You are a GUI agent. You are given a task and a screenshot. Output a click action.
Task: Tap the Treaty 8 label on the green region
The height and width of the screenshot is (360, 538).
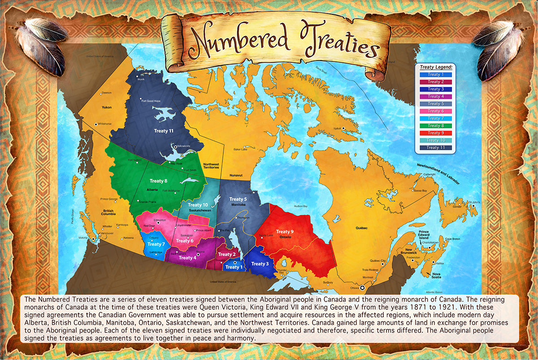pos(158,181)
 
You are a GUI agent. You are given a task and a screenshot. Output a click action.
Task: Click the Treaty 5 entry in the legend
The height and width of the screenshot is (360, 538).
pos(434,104)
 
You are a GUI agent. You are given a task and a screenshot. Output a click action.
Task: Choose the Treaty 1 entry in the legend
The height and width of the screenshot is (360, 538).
pos(434,74)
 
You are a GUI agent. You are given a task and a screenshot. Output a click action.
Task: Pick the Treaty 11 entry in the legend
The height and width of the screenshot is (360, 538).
pos(434,147)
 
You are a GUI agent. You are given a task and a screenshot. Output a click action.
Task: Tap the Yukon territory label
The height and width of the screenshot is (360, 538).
pos(107,107)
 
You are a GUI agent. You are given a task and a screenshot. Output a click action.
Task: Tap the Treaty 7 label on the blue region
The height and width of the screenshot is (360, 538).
pos(154,244)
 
